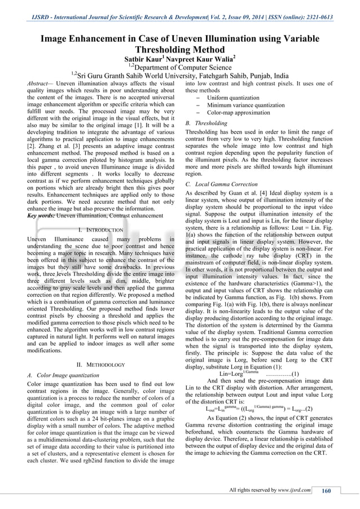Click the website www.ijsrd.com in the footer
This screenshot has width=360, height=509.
click(x=294, y=490)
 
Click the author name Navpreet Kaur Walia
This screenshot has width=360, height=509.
click(x=201, y=59)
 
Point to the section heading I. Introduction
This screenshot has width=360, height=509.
click(x=100, y=230)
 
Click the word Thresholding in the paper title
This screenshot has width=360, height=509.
click(x=179, y=49)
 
